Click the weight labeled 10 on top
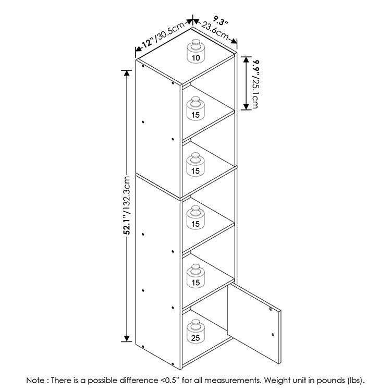pos(195,51)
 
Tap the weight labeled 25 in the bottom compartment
pos(195,331)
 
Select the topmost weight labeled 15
pos(195,108)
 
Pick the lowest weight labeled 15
pos(195,276)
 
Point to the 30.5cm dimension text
pos(170,31)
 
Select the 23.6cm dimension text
pos(215,31)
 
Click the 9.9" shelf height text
pos(256,67)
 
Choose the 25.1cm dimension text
pos(255,93)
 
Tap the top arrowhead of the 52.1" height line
pos(127,74)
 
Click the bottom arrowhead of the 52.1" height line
pos(127,338)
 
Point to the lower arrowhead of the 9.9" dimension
pos(247,106)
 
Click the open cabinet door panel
pos(254,323)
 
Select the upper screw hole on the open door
pos(271,309)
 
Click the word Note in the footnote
pos(36,380)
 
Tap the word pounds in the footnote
pos(330,381)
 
